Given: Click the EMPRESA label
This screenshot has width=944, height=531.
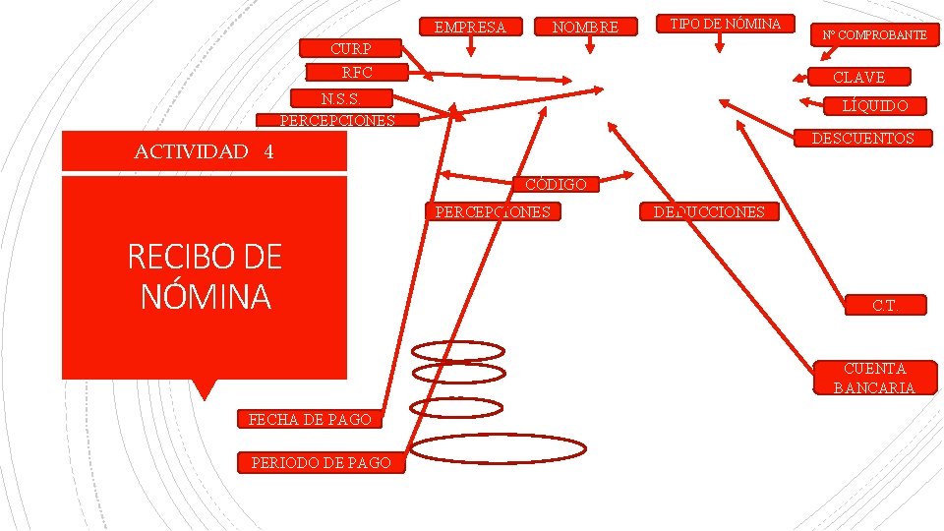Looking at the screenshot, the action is pyautogui.click(x=470, y=28).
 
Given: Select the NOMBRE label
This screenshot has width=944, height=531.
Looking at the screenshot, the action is pyautogui.click(x=585, y=28).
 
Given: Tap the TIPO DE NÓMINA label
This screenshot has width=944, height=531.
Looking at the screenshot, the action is pyautogui.click(x=725, y=24).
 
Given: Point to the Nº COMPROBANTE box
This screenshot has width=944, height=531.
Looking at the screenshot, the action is pyautogui.click(x=875, y=35).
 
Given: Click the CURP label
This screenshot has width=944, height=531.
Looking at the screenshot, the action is pyautogui.click(x=351, y=49).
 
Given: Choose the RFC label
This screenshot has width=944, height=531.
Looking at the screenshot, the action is pyautogui.click(x=357, y=72).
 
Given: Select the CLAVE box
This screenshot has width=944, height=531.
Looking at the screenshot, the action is pyautogui.click(x=858, y=77).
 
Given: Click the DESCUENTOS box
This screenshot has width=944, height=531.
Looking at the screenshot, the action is pyautogui.click(x=861, y=139).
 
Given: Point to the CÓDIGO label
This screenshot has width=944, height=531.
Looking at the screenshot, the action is pyautogui.click(x=556, y=184).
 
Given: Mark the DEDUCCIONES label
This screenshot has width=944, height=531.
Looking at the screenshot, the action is pyautogui.click(x=709, y=211).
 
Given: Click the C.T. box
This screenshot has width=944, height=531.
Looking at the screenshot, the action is pyautogui.click(x=885, y=306).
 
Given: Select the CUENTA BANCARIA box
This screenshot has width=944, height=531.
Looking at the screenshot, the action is pyautogui.click(x=873, y=378).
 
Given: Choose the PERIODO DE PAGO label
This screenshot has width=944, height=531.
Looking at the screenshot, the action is pyautogui.click(x=321, y=462).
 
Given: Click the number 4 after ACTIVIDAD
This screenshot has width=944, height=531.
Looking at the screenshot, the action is pyautogui.click(x=268, y=151).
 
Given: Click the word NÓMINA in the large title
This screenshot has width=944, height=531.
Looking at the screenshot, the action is pyautogui.click(x=205, y=295).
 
